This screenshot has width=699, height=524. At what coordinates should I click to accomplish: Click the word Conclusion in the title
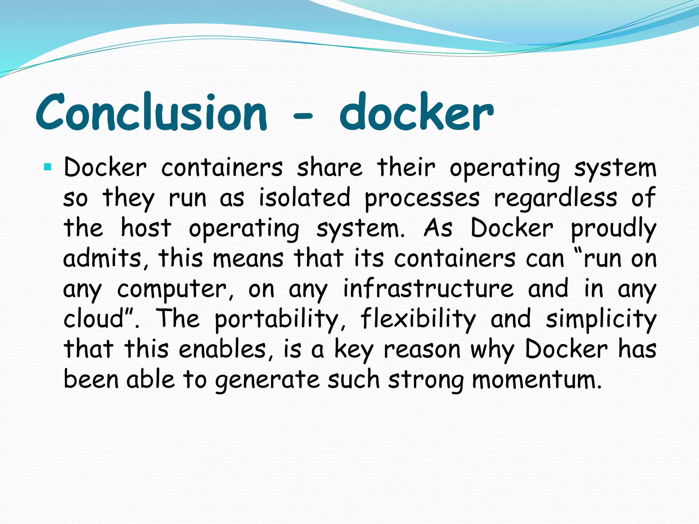click(151, 112)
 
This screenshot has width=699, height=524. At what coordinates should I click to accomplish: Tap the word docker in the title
click(416, 112)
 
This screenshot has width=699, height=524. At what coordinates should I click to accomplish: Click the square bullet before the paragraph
click(47, 167)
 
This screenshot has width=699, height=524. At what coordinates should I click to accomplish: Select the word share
click(329, 168)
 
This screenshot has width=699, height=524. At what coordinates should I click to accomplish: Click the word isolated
click(304, 198)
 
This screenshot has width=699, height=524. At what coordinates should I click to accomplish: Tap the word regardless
click(556, 198)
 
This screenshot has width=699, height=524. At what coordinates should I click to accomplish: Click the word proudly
click(613, 228)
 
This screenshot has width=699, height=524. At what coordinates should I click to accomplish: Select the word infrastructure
click(428, 288)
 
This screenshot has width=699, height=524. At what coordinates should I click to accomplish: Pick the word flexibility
click(418, 319)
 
